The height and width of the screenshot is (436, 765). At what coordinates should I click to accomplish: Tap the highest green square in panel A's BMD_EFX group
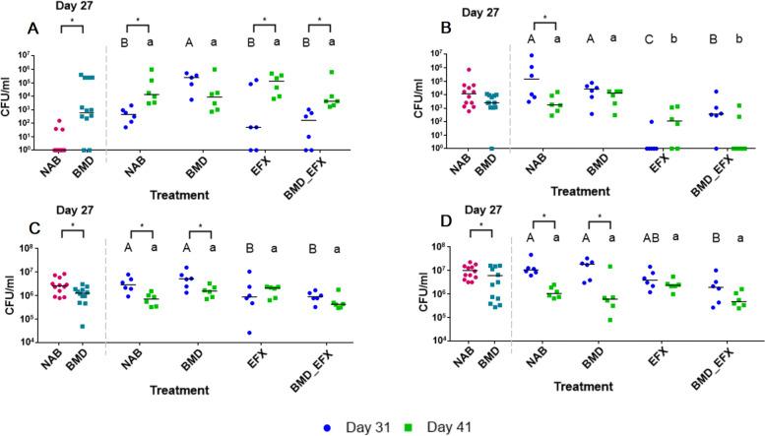[x=332, y=73]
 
